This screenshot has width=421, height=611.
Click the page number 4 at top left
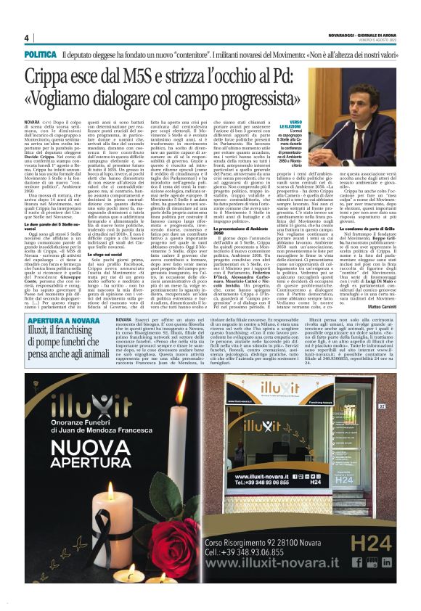pos(27,38)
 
